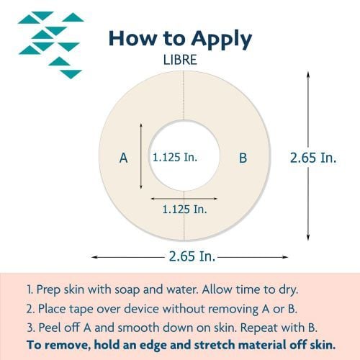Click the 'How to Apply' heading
click(x=180, y=39)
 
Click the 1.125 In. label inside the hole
click(x=175, y=156)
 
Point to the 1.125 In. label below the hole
click(x=184, y=210)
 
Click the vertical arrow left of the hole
click(x=142, y=156)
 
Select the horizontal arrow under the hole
click(x=184, y=197)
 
